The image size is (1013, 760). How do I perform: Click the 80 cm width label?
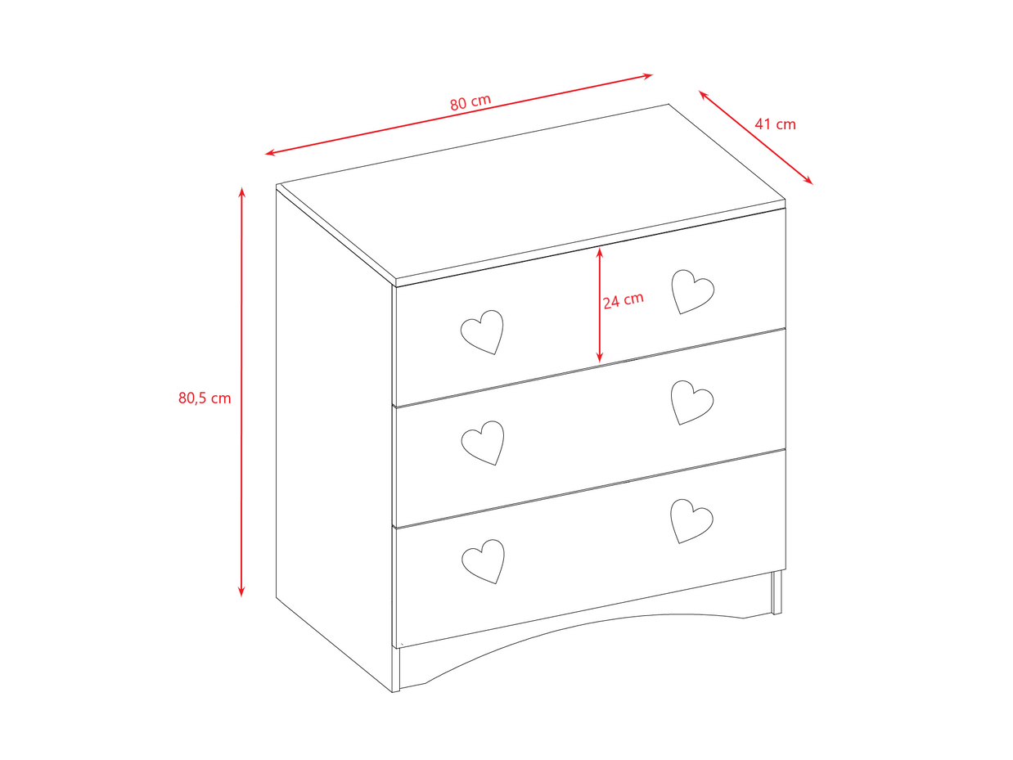tap(470, 102)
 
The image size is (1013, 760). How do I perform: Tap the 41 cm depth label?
tap(775, 124)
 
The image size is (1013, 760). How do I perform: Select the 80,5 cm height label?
tap(205, 398)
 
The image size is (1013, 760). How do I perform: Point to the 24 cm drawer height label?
tap(623, 300)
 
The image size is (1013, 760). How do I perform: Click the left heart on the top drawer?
tap(482, 332)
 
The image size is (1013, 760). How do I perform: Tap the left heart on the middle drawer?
tap(483, 443)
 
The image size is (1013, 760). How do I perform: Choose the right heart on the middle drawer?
tap(692, 402)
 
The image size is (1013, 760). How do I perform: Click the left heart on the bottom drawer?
tap(484, 561)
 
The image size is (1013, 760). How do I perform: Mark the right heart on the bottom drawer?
tap(691, 521)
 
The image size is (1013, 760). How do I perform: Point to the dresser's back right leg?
tap(777, 592)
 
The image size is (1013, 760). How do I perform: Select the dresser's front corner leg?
tap(395, 669)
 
